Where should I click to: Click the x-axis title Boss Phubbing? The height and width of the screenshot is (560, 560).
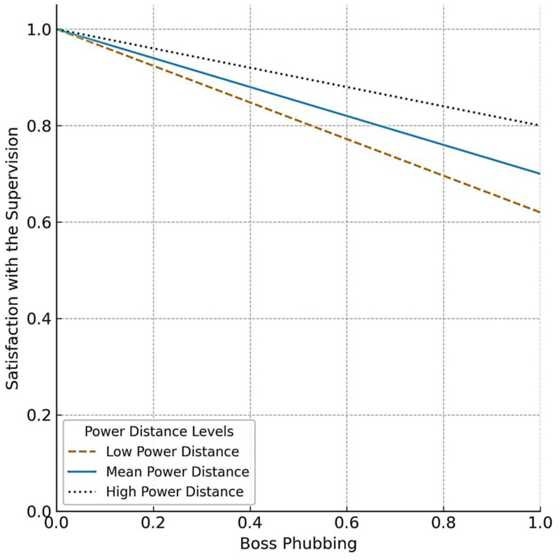(x=298, y=544)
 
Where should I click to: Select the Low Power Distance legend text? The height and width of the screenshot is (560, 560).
(x=172, y=451)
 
